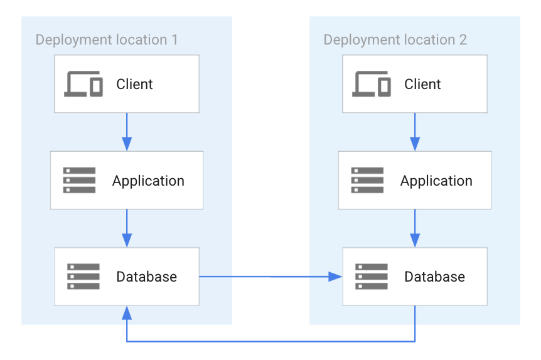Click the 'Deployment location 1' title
pyautogui.click(x=107, y=40)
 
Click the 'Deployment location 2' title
pyautogui.click(x=395, y=40)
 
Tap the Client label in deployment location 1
pyautogui.click(x=134, y=84)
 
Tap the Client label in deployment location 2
pyautogui.click(x=422, y=84)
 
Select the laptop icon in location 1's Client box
pyautogui.click(x=83, y=84)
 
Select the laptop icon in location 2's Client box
pyautogui.click(x=372, y=84)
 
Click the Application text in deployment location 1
pyautogui.click(x=148, y=181)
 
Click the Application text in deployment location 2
pyautogui.click(x=436, y=181)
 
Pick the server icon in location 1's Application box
pyautogui.click(x=80, y=180)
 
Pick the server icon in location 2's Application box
pyautogui.click(x=368, y=180)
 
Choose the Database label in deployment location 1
pyautogui.click(x=146, y=277)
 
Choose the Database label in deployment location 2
pyautogui.click(x=434, y=277)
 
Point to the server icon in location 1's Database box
pyautogui.click(x=83, y=277)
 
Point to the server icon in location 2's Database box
pyautogui.click(x=372, y=277)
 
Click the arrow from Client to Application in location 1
pyautogui.click(x=127, y=132)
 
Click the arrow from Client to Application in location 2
pyautogui.click(x=415, y=132)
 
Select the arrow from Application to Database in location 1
pyautogui.click(x=127, y=228)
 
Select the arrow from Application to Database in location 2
pyautogui.click(x=415, y=228)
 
